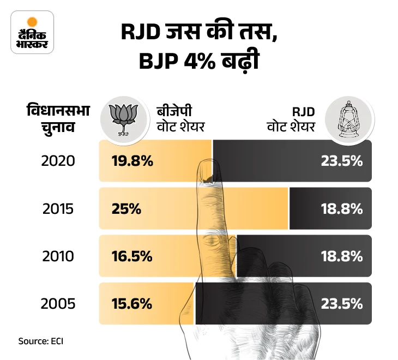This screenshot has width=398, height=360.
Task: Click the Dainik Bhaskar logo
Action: point(32,32)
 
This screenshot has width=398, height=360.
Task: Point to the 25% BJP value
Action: point(127,209)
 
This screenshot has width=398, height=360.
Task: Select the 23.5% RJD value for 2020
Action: point(342,161)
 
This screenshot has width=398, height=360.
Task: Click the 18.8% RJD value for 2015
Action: point(342,209)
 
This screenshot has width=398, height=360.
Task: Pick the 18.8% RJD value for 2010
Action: point(342,256)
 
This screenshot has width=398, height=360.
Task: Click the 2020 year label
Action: point(57,161)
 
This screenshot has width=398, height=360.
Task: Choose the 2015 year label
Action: point(57,209)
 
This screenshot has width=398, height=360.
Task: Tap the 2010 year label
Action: point(57,256)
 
